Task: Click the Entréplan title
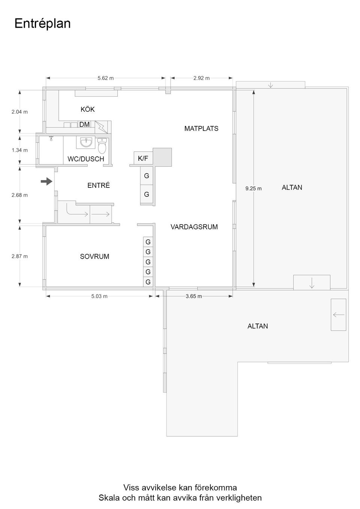(42, 23)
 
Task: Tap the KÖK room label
(88, 109)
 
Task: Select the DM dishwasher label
(84, 124)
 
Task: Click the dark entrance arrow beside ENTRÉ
(46, 182)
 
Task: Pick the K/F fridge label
(143, 159)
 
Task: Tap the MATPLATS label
(201, 129)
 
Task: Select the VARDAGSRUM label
(194, 227)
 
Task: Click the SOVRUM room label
(94, 256)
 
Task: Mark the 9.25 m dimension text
(253, 189)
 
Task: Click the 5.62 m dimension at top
(105, 78)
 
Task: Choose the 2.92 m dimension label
(201, 78)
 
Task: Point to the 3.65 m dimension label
(193, 296)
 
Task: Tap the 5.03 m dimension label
(99, 296)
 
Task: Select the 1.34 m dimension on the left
(19, 150)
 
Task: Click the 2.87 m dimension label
(19, 256)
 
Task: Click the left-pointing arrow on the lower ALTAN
(338, 315)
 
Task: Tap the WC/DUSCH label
(86, 159)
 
